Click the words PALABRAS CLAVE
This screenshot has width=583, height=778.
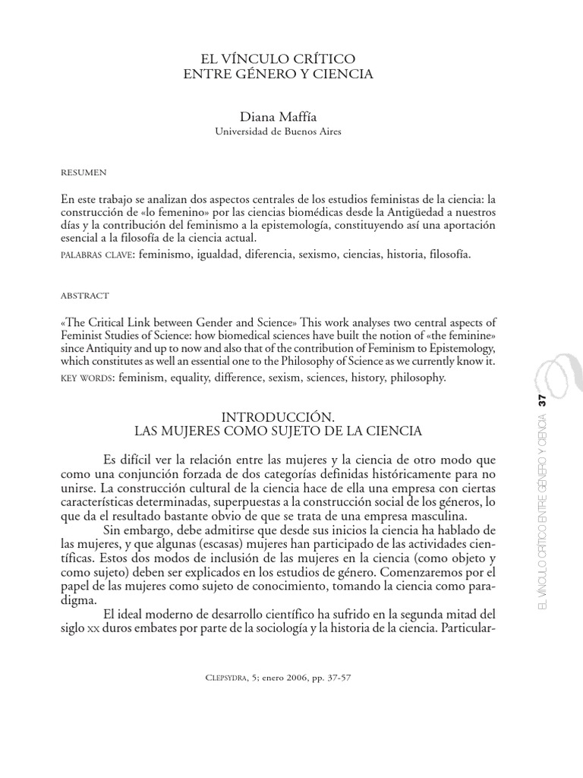point(89,255)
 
